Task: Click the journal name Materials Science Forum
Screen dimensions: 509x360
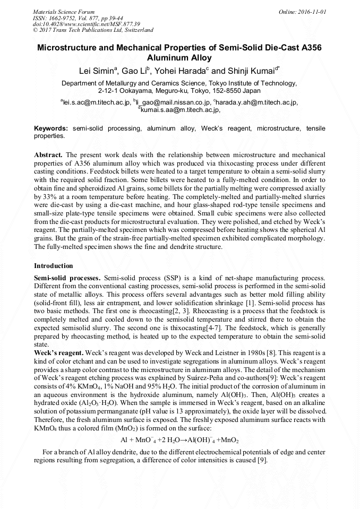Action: coord(64,11)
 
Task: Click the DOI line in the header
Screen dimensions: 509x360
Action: coord(86,24)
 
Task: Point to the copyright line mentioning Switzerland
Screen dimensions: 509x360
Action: coord(93,30)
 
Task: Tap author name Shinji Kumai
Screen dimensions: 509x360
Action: coord(254,71)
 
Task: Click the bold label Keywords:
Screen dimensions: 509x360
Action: coord(51,128)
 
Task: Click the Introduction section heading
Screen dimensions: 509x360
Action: coord(54,265)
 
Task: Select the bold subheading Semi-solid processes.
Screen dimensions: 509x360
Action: coord(67,278)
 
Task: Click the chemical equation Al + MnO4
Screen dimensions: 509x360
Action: coord(179,440)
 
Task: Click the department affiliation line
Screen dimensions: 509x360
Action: coord(179,83)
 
